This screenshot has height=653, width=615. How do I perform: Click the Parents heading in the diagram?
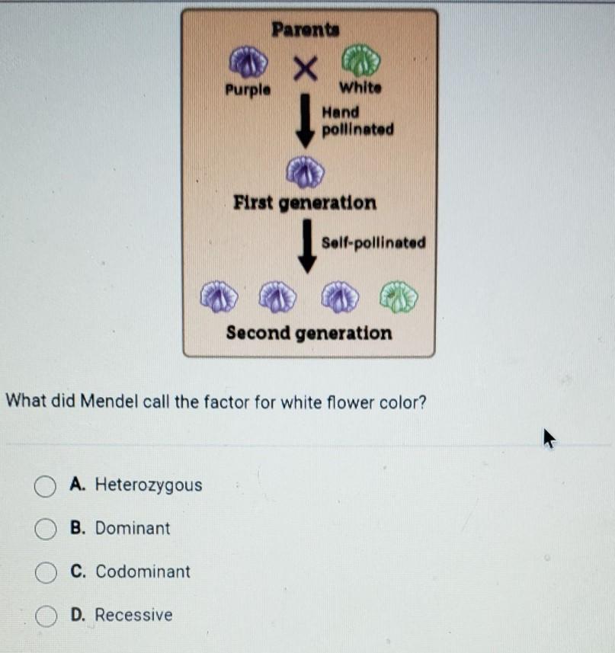click(x=306, y=30)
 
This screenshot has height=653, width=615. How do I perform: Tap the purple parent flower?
click(x=247, y=63)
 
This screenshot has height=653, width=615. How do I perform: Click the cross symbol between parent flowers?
click(x=305, y=71)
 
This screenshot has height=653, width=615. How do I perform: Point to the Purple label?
click(x=247, y=89)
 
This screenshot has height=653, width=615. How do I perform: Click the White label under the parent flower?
click(x=361, y=88)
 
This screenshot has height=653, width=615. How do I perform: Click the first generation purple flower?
click(x=305, y=171)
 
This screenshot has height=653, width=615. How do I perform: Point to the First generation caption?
click(x=305, y=203)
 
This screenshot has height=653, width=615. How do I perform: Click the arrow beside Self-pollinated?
click(x=307, y=245)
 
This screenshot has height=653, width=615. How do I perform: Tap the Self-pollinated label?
click(x=373, y=243)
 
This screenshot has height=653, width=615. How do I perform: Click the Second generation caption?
click(x=309, y=333)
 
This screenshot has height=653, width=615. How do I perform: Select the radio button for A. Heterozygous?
click(x=46, y=485)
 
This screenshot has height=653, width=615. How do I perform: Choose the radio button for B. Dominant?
click(x=46, y=529)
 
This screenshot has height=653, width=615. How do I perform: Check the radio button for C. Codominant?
click(x=46, y=572)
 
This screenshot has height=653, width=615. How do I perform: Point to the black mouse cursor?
click(x=549, y=437)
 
